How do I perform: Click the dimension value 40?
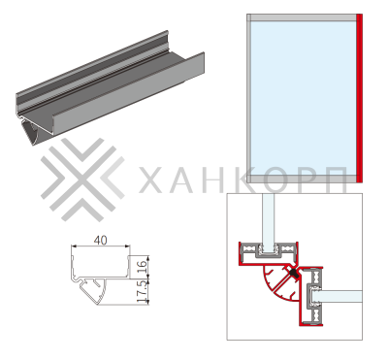tap(100, 241)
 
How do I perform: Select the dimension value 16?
tap(142, 267)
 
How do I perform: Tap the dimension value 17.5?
tap(142, 291)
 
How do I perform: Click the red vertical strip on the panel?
tap(359, 98)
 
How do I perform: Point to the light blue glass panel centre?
tap(304, 98)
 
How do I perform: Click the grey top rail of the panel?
tap(302, 17)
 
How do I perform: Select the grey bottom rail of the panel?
tap(302, 179)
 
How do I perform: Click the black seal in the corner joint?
tap(293, 274)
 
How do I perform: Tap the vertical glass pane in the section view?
tap(268, 223)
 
